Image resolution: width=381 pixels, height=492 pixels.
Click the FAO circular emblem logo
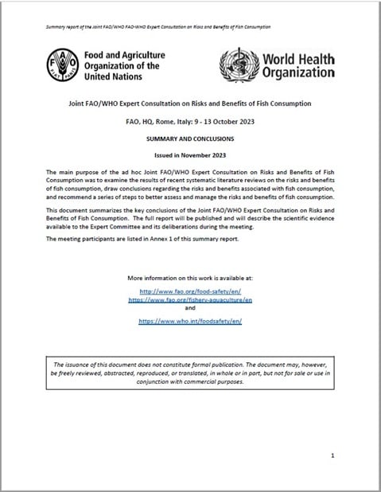point(64,63)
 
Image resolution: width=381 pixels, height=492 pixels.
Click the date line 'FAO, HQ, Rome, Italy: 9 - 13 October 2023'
point(189,121)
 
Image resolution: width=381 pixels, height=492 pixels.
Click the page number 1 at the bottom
point(332,455)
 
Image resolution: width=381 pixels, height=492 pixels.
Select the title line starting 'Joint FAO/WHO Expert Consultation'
point(189,104)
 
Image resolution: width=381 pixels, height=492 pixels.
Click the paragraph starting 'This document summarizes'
point(189,219)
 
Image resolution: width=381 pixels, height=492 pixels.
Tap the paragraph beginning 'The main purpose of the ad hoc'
point(189,185)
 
